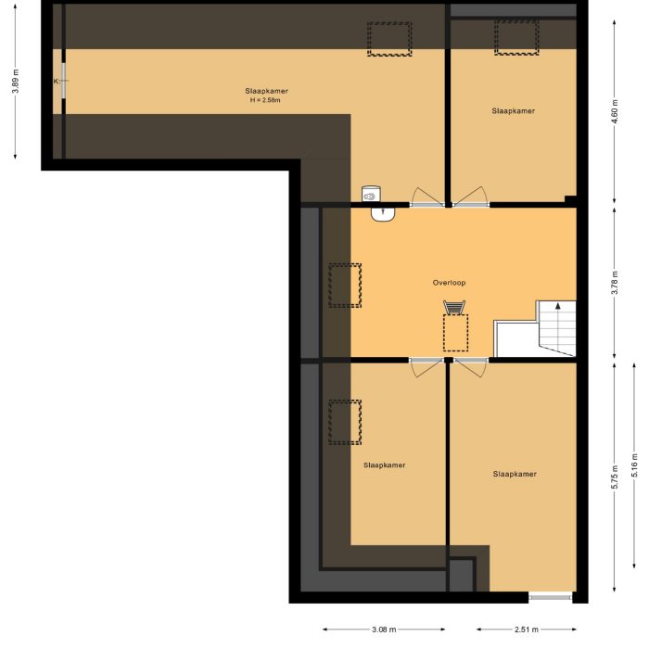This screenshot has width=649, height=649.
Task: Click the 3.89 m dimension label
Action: coord(16,82)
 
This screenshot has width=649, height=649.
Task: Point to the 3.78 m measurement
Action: coord(615,282)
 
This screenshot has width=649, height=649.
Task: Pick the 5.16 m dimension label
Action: coord(634,464)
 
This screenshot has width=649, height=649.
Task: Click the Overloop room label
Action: coord(448,282)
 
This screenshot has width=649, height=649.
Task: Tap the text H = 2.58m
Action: coord(266,100)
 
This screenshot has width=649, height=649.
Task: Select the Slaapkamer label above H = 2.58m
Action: coord(266,91)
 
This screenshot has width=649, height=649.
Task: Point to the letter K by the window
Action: coord(56,82)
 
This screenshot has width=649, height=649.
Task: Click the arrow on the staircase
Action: coord(556,305)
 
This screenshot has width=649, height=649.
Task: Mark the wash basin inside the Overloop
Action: coord(384,214)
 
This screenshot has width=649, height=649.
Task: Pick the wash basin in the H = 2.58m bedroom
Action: coord(371,194)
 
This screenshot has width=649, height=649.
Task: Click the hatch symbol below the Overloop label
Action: coord(454,308)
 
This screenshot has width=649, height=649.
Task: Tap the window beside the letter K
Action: coord(64,85)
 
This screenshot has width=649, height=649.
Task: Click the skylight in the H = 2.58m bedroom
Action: coord(389,38)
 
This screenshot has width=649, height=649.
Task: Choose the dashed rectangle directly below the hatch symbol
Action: coord(455,333)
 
